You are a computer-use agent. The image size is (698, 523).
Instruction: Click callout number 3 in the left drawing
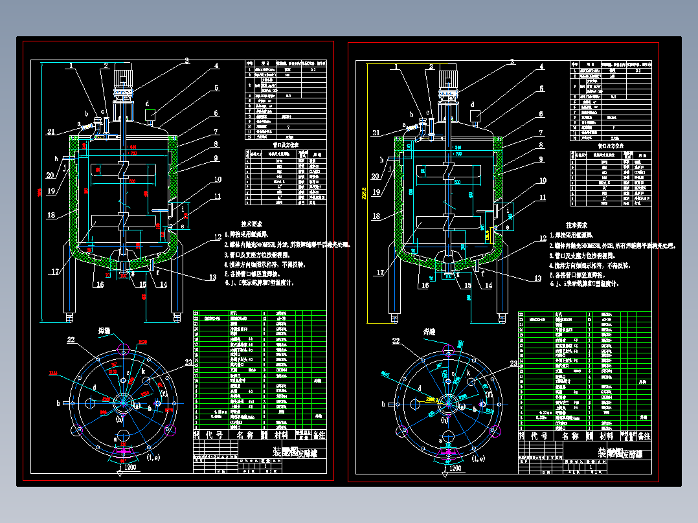(186, 61)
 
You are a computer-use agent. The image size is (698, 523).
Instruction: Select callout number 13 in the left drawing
(212, 278)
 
